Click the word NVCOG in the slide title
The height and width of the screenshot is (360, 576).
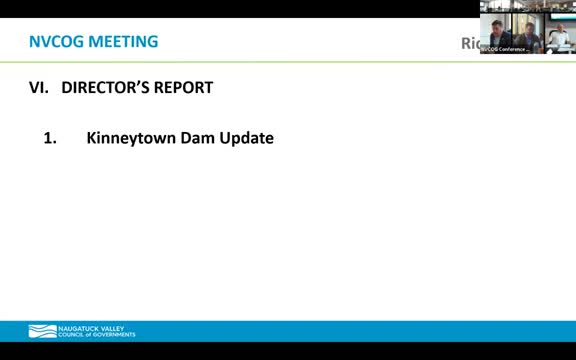58,42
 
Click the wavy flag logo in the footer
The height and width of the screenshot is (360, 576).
42,331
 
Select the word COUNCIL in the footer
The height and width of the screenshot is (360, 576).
73,335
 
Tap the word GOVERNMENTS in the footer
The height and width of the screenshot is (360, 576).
115,335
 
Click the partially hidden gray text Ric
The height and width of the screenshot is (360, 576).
468,44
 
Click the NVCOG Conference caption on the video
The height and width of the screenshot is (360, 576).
505,48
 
